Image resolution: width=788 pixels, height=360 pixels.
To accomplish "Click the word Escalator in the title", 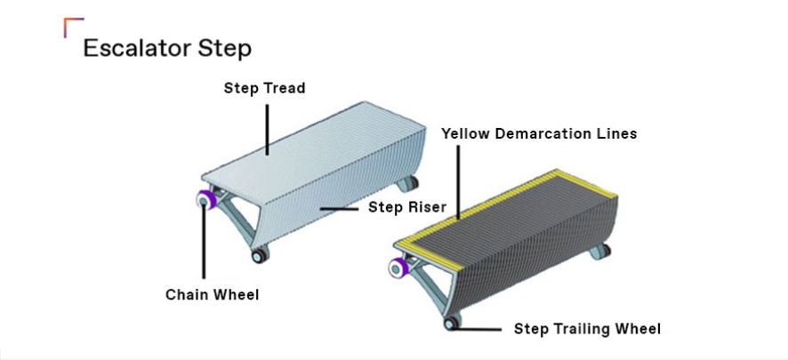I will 142,48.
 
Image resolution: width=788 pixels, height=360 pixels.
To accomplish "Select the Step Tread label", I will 264,89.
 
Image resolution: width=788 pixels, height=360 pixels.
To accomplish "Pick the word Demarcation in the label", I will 547,134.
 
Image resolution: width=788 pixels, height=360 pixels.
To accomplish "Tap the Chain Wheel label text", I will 213,294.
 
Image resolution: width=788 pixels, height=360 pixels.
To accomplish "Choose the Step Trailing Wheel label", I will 587,329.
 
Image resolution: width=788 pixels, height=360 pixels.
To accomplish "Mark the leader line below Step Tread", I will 266,124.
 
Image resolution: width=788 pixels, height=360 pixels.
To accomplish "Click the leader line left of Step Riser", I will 341,208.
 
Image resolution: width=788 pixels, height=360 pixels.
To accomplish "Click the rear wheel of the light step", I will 409,185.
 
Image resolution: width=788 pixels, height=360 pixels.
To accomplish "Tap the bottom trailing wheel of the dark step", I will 454,324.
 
